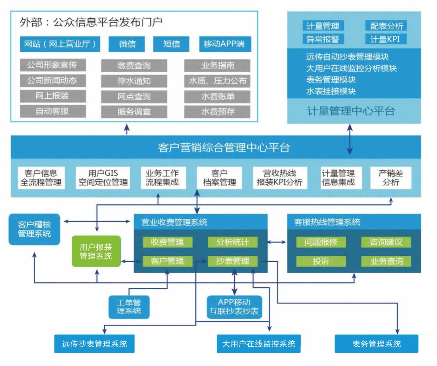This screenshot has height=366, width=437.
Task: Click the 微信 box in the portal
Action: pos(127,44)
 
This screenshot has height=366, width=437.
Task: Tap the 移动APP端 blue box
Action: pos(224,44)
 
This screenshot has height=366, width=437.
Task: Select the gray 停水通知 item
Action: pos(134,81)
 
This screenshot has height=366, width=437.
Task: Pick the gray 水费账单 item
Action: pos(217,97)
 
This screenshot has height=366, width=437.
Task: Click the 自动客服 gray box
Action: pos(53,111)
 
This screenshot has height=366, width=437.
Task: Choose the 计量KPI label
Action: pos(385,39)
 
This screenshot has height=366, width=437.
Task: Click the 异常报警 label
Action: pos(322,39)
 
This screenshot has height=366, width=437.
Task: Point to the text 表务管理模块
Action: pos(331,80)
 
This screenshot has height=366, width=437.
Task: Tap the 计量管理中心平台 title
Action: pos(351,111)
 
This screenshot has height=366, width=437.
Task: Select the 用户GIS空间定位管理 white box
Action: pos(103,178)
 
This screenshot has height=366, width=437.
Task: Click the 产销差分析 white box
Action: pos(391,178)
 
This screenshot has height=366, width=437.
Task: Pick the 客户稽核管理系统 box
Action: pos(34,229)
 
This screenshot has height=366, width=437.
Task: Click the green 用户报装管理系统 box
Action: pos(96,251)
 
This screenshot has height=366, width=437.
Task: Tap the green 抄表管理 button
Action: pos(233,261)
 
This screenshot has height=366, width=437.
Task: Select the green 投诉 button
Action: pos(321,261)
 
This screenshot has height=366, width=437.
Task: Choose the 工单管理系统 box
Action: pos(129,307)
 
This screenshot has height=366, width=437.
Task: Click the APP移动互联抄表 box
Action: pos(234,307)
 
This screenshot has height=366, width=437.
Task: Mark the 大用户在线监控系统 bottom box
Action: pos(259,344)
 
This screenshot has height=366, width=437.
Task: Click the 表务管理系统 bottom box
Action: pos(376,344)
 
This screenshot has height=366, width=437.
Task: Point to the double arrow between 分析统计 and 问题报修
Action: pos(277,242)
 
